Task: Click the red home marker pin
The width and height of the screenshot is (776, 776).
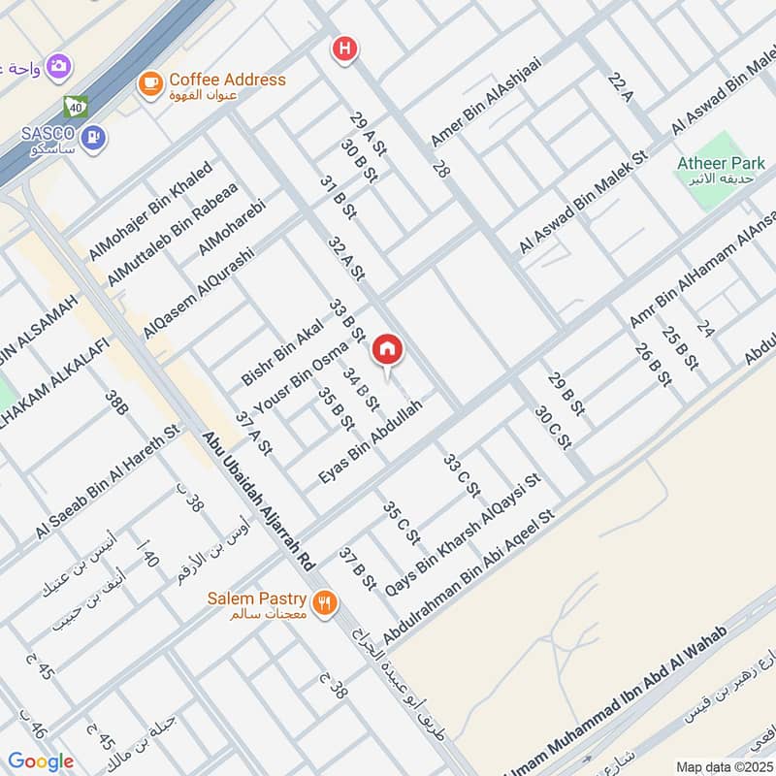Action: [x=387, y=350]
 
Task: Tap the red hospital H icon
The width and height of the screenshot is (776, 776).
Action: [x=342, y=49]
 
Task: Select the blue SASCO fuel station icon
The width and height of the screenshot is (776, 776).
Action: [x=94, y=138]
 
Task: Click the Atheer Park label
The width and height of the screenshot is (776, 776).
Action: [x=722, y=162]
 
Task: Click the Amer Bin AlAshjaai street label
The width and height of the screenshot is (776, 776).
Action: [x=485, y=101]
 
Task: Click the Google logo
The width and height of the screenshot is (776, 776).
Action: [x=41, y=761]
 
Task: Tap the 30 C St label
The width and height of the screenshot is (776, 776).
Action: [x=552, y=427]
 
